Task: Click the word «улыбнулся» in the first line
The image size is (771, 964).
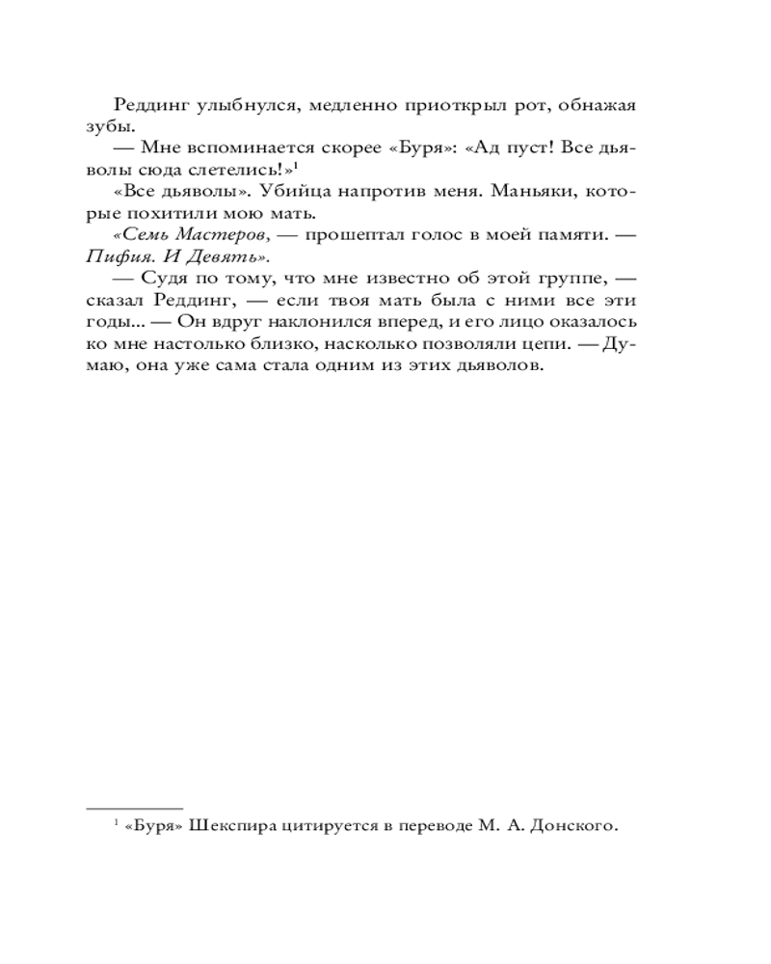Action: pyautogui.click(x=236, y=105)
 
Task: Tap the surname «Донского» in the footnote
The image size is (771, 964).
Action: pyautogui.click(x=573, y=826)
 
